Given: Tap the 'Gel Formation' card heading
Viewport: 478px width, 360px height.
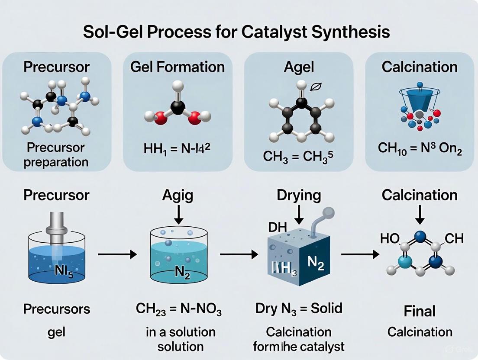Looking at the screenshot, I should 178,67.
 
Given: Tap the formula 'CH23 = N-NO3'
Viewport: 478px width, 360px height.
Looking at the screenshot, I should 179,310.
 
